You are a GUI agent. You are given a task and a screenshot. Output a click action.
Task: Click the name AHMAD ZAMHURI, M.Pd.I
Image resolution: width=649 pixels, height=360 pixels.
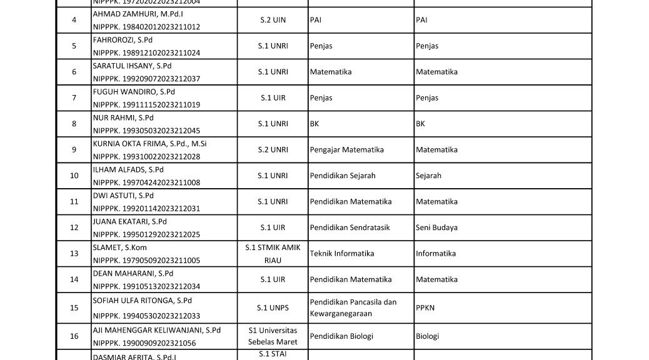138,14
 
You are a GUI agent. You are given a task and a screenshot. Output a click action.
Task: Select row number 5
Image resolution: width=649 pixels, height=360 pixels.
74,46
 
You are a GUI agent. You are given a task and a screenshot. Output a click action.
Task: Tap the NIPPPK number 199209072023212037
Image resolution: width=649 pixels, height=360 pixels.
146,79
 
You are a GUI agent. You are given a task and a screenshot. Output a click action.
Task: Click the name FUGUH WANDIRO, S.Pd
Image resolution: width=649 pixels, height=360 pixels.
134,92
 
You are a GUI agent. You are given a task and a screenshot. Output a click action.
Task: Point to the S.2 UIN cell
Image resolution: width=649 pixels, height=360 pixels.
273,20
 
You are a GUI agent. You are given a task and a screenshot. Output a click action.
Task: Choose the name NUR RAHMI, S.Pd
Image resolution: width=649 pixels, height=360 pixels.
123,117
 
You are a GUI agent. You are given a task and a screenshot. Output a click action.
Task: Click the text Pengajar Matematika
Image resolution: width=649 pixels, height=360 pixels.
346,150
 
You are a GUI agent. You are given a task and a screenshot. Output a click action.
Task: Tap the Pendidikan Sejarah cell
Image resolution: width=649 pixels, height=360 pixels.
343,176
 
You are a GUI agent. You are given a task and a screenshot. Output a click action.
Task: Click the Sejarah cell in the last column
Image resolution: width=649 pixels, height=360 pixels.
428,176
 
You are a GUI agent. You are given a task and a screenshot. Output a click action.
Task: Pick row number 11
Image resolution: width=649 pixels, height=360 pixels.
74,202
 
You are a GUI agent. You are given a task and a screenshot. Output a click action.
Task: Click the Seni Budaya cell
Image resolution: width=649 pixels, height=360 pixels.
436,227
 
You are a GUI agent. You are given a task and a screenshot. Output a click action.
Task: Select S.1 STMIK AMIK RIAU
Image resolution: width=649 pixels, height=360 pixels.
273,254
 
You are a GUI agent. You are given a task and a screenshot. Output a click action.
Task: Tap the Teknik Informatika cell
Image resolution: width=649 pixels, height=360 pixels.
342,254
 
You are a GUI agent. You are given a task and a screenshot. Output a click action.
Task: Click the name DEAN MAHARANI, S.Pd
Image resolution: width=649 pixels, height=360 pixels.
133,273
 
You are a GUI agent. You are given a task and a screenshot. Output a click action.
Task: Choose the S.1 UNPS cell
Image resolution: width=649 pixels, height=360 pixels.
273,307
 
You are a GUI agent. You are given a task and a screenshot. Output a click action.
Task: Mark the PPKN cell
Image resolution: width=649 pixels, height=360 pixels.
425,307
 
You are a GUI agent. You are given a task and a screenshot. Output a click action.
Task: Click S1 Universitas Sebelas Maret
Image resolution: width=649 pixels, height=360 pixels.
273,336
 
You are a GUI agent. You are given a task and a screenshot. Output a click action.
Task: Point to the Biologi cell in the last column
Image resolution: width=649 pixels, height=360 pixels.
428,336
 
